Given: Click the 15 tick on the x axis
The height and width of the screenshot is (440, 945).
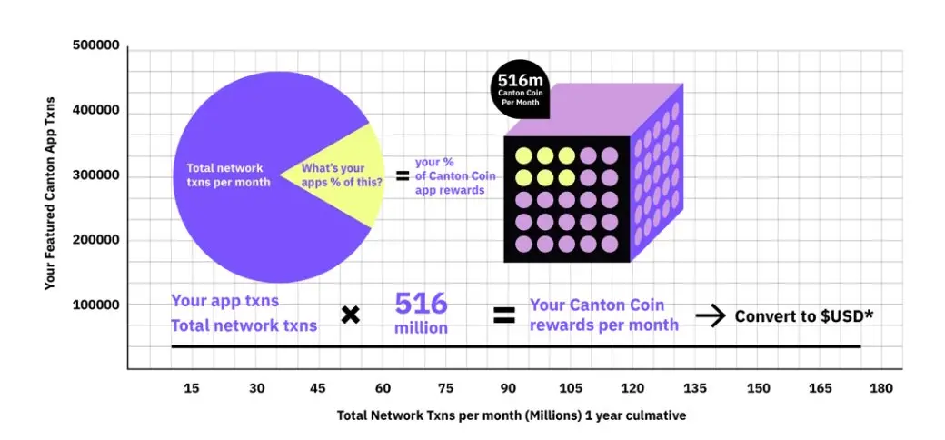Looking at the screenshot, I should click(x=192, y=388).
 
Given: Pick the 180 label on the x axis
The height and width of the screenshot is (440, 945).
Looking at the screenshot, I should click(x=880, y=388).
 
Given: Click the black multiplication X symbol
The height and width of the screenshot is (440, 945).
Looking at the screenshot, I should click(x=351, y=315).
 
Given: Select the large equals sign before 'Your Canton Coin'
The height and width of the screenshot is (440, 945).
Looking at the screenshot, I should click(x=504, y=315).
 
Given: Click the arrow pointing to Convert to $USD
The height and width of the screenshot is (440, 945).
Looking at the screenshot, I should click(x=710, y=316).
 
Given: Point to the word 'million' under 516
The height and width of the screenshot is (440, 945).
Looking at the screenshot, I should click(x=421, y=327).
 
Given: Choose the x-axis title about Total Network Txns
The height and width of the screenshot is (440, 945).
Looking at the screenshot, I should click(x=512, y=415).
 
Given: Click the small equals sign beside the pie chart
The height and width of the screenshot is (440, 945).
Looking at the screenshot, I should click(x=403, y=175).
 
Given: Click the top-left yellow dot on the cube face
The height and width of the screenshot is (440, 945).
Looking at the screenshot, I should click(x=523, y=155).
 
